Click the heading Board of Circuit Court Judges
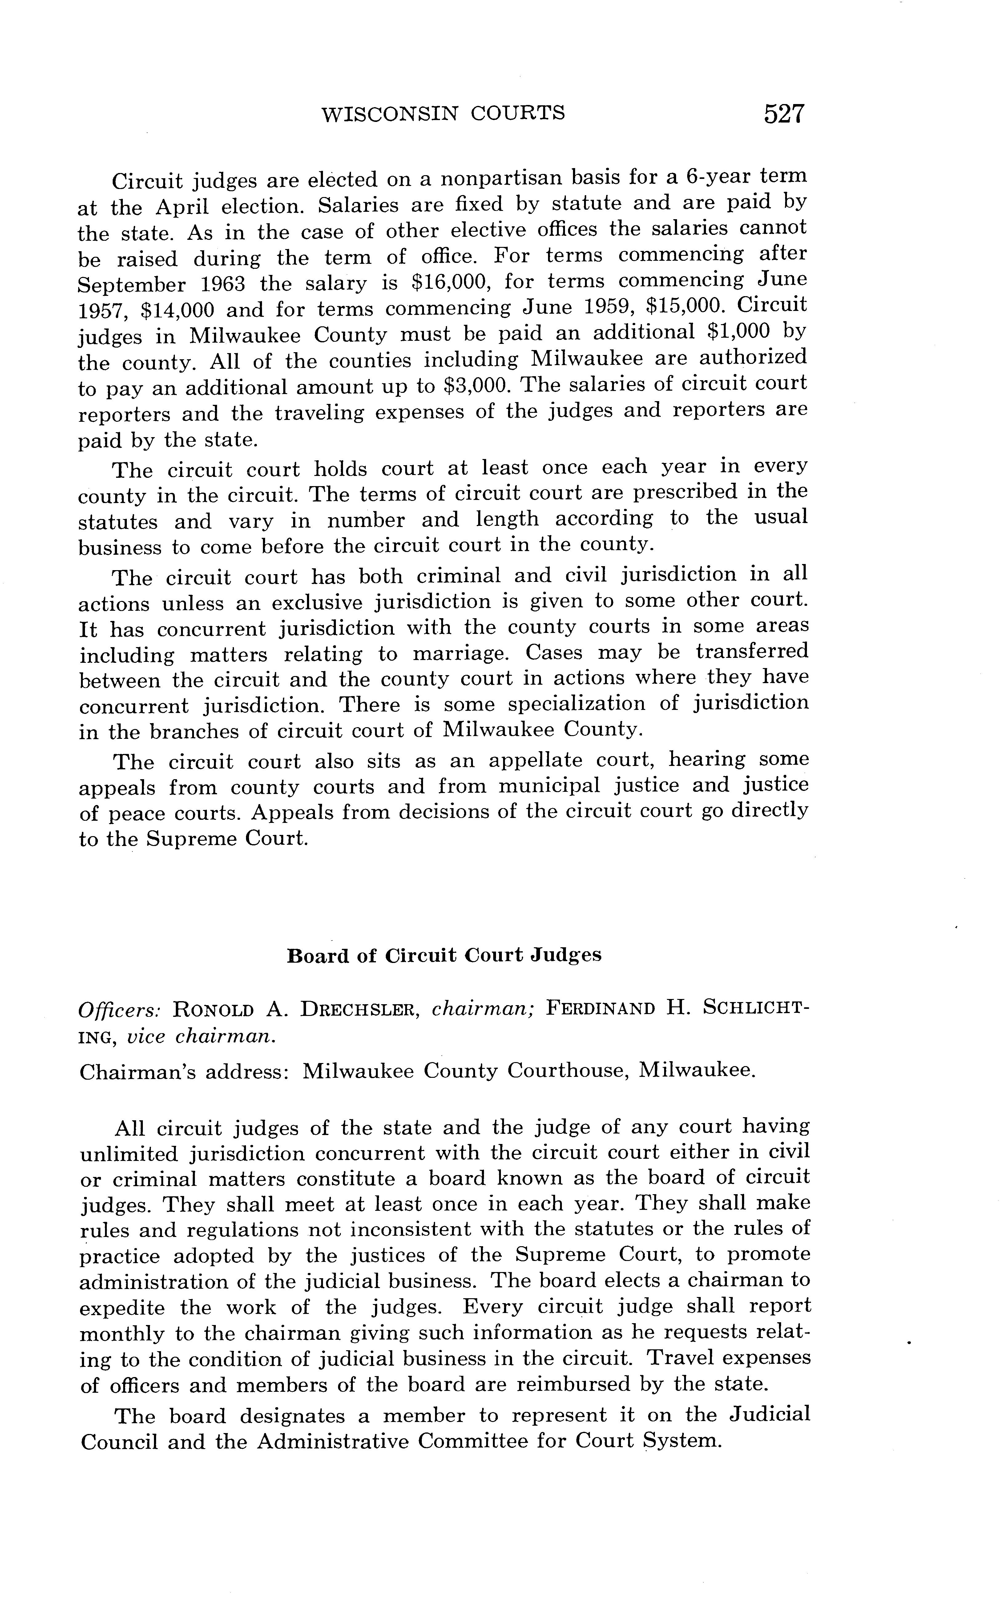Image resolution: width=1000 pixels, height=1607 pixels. [x=444, y=956]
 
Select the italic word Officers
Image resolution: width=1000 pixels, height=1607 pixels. [x=120, y=1010]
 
